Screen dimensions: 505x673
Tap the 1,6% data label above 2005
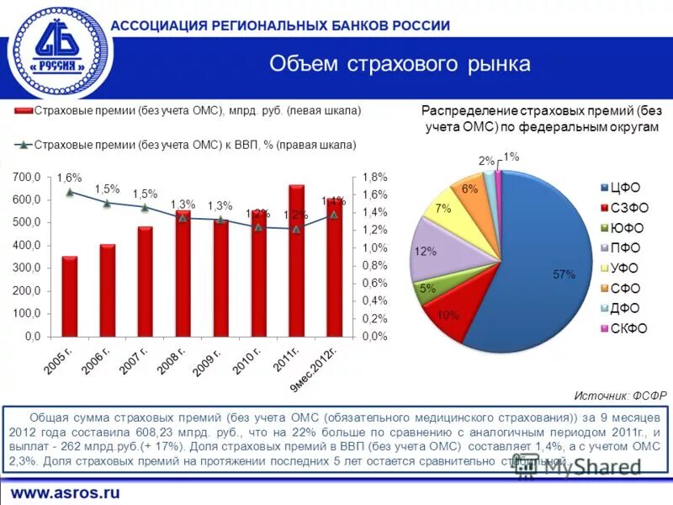coord(70,178)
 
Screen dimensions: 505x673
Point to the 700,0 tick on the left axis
coord(26,178)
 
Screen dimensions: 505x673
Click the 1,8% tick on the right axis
coord(374,178)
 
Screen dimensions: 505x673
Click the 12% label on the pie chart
coord(425,251)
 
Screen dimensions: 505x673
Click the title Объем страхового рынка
coord(400,64)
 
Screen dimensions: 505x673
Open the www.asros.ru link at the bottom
coord(65,492)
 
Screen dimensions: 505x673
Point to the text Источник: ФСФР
coord(620,396)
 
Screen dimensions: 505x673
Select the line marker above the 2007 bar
coord(146,208)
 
